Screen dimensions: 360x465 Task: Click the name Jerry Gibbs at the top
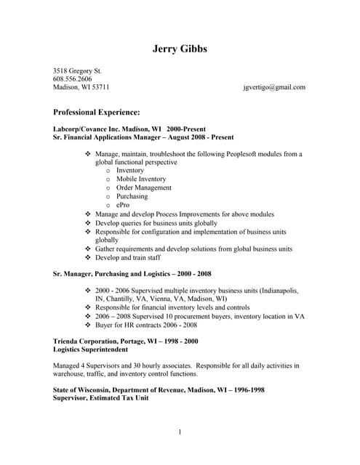click(x=180, y=49)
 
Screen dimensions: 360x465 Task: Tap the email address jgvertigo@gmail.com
click(x=274, y=87)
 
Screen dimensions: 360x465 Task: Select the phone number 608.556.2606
click(x=73, y=78)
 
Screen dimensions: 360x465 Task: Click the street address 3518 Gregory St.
click(x=78, y=70)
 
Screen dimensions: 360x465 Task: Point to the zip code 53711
click(x=98, y=87)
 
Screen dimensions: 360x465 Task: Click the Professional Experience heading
click(x=97, y=113)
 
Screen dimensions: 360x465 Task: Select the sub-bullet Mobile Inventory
click(x=141, y=179)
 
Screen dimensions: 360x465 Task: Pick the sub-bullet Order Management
click(x=143, y=187)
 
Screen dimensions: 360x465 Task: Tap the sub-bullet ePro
click(x=122, y=205)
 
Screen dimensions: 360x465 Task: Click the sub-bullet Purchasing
click(x=132, y=196)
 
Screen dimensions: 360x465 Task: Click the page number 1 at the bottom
click(x=180, y=433)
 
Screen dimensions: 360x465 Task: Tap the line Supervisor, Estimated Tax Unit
click(x=101, y=398)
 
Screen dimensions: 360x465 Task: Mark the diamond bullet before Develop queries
click(x=89, y=223)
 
